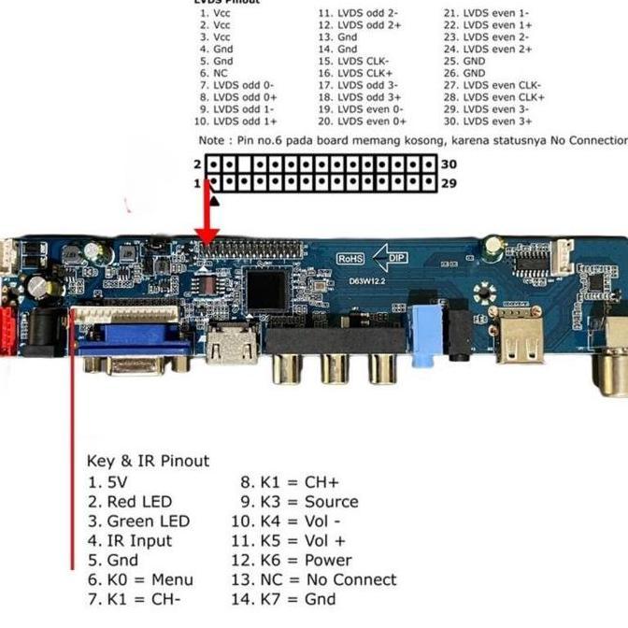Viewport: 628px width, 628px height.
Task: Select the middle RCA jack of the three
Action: click(333, 365)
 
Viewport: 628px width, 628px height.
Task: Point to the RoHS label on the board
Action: click(350, 258)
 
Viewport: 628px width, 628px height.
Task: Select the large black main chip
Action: click(266, 290)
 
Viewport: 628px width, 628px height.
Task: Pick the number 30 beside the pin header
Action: click(449, 164)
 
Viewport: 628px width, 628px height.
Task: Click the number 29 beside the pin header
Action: click(449, 183)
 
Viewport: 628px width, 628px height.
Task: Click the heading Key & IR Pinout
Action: click(148, 461)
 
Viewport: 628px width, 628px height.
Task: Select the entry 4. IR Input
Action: click(129, 540)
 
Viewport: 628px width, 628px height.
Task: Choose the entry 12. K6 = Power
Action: click(292, 560)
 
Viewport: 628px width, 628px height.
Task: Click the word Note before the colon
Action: click(211, 139)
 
